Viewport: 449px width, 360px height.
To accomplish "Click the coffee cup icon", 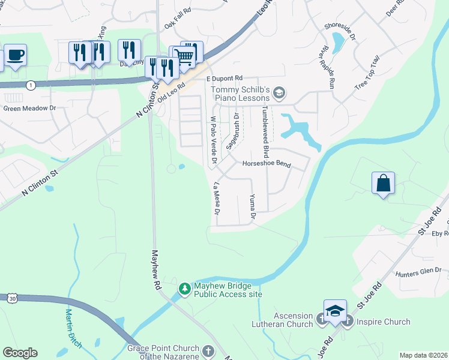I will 16,55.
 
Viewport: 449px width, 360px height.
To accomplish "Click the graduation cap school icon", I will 335,311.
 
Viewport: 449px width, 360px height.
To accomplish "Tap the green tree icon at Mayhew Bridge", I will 185,289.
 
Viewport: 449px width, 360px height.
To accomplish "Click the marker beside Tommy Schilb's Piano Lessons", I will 279,93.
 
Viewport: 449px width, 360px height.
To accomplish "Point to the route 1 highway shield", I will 31,86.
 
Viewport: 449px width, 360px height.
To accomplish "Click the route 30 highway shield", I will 13,298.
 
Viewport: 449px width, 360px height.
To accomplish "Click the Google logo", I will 20,353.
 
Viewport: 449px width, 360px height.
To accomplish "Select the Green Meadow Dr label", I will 29,109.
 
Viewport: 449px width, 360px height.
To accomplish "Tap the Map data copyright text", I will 423,355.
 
